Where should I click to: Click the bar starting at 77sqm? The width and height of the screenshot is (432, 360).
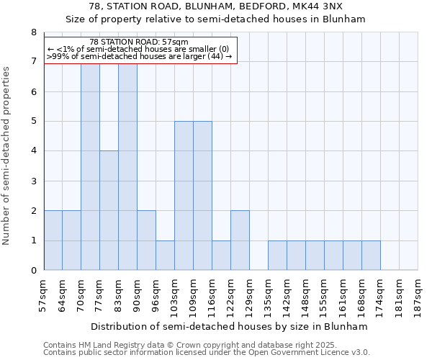pyautogui.click(x=109, y=210)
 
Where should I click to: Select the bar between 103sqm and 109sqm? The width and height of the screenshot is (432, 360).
pyautogui.click(x=184, y=196)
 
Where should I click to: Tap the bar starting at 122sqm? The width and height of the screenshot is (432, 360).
pyautogui.click(x=240, y=240)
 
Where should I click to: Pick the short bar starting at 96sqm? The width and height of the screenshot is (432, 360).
pyautogui.click(x=165, y=256)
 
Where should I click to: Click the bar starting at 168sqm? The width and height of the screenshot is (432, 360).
pyautogui.click(x=371, y=256)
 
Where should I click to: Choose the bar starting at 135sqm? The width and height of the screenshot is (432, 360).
pyautogui.click(x=277, y=256)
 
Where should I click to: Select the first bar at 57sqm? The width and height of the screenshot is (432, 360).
pyautogui.click(x=53, y=240)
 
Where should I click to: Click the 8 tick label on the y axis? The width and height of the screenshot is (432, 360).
pyautogui.click(x=33, y=32)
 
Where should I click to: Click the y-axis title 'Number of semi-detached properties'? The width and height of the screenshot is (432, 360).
pyautogui.click(x=7, y=156)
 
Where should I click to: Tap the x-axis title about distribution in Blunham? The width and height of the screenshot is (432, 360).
pyautogui.click(x=230, y=327)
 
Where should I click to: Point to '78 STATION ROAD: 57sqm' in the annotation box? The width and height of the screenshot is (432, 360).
pyautogui.click(x=139, y=42)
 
